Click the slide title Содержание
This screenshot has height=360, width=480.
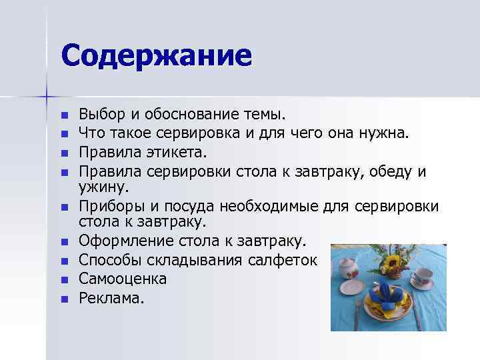pos(157,55)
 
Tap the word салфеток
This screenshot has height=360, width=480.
pos(289,259)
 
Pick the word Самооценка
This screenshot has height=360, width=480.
pos(123,279)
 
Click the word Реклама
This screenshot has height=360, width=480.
pos(111,297)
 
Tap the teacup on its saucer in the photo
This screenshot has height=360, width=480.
pos(422,277)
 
